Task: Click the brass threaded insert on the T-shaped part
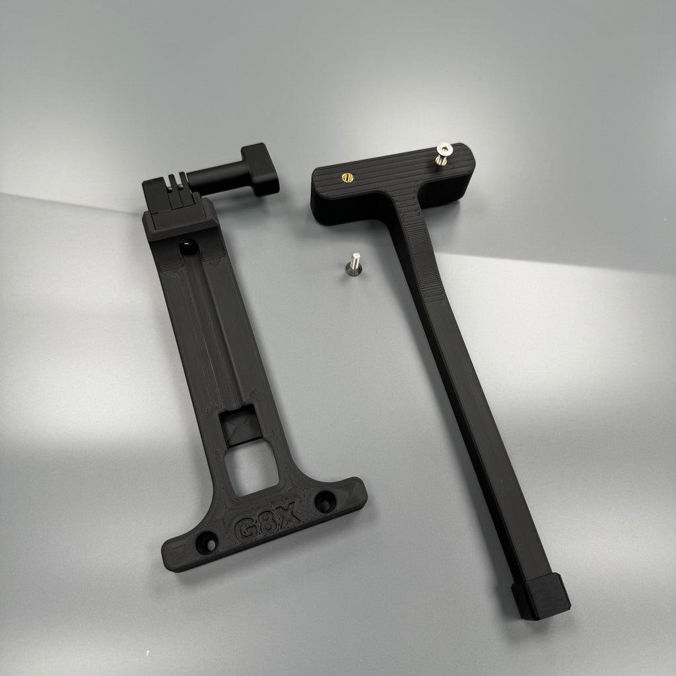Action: point(347,177)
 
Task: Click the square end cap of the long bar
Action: point(541,596)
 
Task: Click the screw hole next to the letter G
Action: point(207,543)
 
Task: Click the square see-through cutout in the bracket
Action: point(252,469)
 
